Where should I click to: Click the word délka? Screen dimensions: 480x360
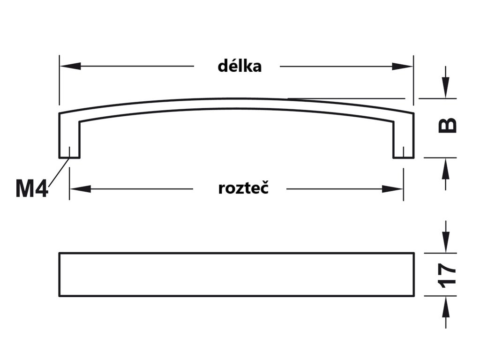click(240, 66)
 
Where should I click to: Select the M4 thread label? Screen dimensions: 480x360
click(31, 188)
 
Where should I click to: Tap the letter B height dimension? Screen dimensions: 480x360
click(448, 125)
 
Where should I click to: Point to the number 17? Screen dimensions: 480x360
click(448, 275)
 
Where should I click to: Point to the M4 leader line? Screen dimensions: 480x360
click(58, 173)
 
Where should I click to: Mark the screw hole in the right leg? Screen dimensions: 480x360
click(403, 152)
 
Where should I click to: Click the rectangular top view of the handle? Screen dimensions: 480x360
click(236, 275)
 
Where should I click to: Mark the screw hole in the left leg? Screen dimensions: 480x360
click(69, 152)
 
